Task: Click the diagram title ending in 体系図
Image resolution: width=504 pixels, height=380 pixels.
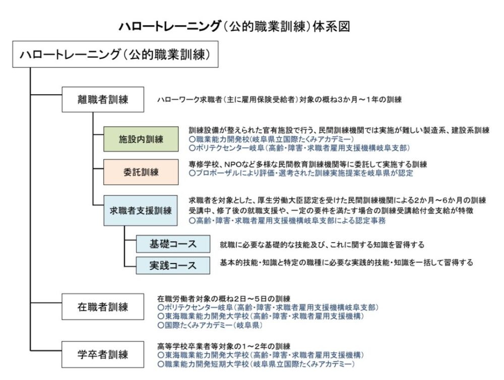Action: [x=234, y=26]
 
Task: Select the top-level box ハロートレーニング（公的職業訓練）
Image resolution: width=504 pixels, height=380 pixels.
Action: [x=115, y=54]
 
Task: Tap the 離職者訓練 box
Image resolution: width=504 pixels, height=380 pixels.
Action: [x=103, y=99]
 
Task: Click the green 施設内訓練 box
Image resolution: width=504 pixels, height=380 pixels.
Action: [x=141, y=139]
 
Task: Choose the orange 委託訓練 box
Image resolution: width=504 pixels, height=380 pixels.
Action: [x=141, y=172]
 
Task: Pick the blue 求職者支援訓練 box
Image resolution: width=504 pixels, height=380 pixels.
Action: [x=141, y=210]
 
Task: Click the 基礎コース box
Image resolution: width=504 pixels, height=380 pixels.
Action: [x=173, y=244]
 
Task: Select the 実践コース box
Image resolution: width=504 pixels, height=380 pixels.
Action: [x=173, y=265]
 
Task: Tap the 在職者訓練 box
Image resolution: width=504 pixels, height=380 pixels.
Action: [x=103, y=307]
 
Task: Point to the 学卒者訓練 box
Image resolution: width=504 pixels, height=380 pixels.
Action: [x=103, y=355]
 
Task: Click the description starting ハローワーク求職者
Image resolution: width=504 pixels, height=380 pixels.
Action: [x=279, y=100]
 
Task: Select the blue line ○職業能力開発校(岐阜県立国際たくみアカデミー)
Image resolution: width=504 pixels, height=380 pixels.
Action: [x=271, y=139]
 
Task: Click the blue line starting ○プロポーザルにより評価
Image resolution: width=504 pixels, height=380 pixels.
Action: [x=301, y=173]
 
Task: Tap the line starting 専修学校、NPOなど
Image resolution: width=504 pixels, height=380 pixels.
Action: [x=307, y=165]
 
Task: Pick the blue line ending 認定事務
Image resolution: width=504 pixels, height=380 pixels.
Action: [x=287, y=221]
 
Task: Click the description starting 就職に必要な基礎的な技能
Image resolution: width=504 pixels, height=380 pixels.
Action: [x=322, y=245]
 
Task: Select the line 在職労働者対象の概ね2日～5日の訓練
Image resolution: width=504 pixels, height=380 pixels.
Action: [x=224, y=299]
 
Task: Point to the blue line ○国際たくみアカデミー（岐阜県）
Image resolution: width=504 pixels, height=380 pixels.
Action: [x=210, y=325]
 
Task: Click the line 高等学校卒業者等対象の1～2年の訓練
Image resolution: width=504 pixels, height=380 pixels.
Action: [x=224, y=347]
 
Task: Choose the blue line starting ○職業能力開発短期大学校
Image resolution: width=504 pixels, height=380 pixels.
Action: [x=256, y=364]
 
